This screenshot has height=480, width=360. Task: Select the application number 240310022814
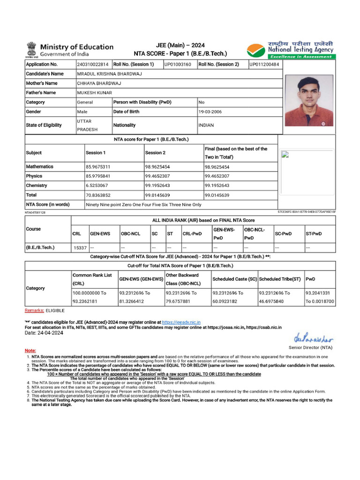[93, 64]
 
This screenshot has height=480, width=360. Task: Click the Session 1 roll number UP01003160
[177, 64]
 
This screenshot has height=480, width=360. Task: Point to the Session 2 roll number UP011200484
[264, 64]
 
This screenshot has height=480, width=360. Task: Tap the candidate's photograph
[309, 101]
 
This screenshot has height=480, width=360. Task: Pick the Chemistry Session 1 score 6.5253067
[98, 186]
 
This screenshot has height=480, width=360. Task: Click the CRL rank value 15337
[80, 247]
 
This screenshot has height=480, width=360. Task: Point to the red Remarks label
[34, 311]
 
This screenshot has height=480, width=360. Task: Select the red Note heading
[30, 351]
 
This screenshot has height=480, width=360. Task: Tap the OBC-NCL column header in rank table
[130, 233]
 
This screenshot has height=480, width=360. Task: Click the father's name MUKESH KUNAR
[93, 93]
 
